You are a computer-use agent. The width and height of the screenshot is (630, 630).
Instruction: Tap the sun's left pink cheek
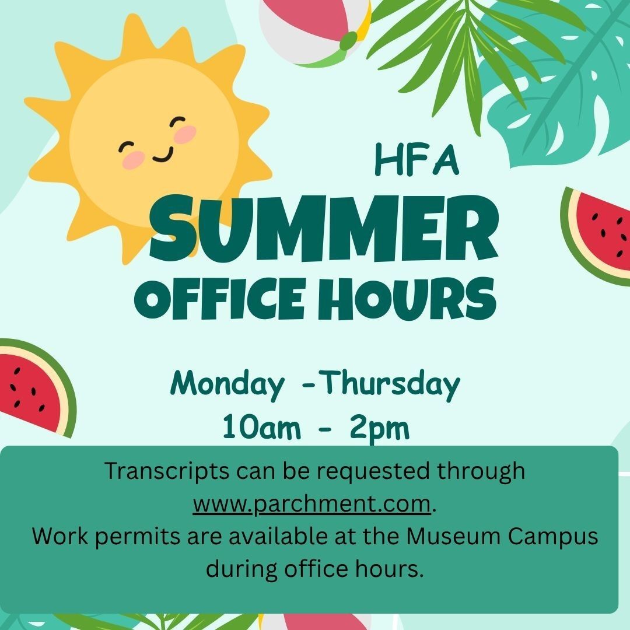coord(134,160)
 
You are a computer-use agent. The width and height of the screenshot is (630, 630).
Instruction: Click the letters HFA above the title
coord(416,160)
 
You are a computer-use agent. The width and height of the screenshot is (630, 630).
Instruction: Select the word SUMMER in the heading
coord(324,228)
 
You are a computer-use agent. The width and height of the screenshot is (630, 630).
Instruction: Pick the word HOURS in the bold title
coord(407,298)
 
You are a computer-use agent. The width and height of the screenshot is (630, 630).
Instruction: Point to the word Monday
coord(228,384)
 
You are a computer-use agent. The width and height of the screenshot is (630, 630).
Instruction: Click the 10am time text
coord(261,427)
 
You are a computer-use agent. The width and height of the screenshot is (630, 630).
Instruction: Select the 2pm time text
coord(380,429)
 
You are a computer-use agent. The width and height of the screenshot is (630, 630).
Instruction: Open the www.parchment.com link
coord(311,504)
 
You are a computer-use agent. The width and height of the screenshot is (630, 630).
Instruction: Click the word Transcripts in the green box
coord(167,471)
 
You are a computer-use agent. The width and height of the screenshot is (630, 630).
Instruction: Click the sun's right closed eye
coord(177,121)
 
